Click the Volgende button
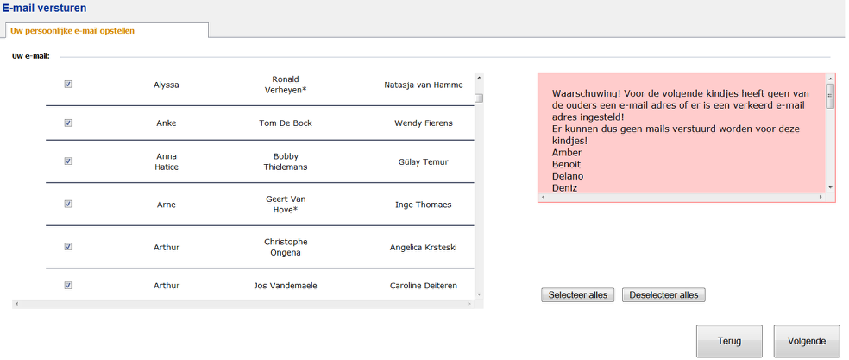click(806, 341)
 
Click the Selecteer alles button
click(578, 295)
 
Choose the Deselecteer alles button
click(663, 295)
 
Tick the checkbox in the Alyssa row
click(68, 84)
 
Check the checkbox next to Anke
click(68, 123)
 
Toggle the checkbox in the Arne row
click(68, 204)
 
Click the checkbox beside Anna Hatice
click(68, 161)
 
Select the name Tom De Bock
click(286, 123)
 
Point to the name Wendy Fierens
click(424, 123)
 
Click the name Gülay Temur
click(424, 162)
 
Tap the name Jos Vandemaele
click(286, 286)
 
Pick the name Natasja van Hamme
click(424, 85)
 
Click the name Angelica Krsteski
click(424, 247)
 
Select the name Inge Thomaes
click(424, 205)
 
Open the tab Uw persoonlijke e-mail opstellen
click(72, 31)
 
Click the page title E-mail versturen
click(44, 8)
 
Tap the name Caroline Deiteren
click(424, 286)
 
